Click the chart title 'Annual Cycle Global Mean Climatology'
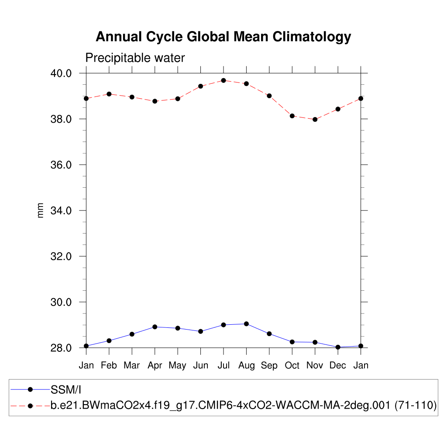[x=223, y=37]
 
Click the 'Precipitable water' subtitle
[x=135, y=58]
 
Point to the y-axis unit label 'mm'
[x=41, y=210]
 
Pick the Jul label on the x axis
[x=223, y=366]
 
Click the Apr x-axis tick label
[x=155, y=366]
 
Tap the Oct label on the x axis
[x=292, y=366]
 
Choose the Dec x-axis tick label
[x=338, y=366]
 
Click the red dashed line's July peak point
[x=223, y=80]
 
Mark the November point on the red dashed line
[x=315, y=119]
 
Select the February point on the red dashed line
[x=109, y=94]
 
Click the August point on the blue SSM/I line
[x=246, y=324]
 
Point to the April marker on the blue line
[x=155, y=327]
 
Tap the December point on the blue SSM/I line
[x=338, y=347]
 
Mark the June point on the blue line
[x=200, y=331]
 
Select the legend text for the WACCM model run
[x=244, y=405]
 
